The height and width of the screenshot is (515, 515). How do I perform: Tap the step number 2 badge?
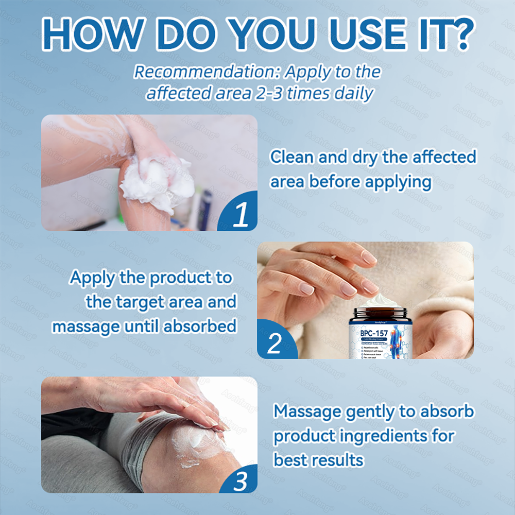click(274, 343)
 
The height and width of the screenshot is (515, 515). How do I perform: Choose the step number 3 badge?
click(240, 481)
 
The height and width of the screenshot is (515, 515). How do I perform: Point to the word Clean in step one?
click(292, 157)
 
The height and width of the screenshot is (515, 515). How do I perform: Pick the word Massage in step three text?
click(307, 411)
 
